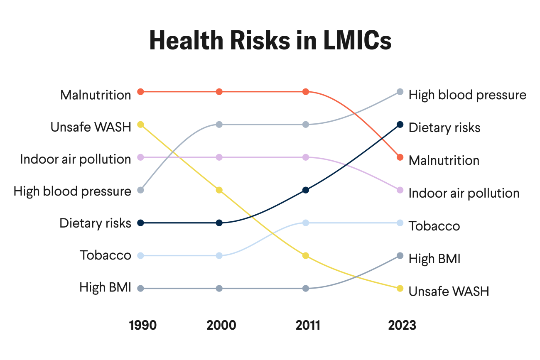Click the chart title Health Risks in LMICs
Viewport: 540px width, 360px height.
tap(270, 41)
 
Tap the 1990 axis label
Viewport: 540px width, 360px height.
tap(143, 325)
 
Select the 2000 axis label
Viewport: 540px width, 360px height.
tap(221, 325)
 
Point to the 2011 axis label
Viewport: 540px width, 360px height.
tap(308, 325)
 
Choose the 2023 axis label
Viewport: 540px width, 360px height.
tap(402, 325)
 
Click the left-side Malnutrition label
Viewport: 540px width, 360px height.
tap(96, 95)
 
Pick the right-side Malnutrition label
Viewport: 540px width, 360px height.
tap(444, 160)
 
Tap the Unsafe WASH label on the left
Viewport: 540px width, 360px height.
tap(91, 127)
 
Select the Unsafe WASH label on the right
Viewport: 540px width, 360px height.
tap(449, 291)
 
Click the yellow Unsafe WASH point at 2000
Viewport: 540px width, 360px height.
tap(219, 190)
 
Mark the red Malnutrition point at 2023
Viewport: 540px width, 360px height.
tap(400, 157)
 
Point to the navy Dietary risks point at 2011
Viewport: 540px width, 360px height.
tap(306, 190)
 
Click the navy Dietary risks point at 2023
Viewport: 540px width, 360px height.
tap(400, 125)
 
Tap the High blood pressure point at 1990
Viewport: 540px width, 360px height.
tap(140, 190)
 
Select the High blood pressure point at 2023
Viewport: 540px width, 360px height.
tap(400, 92)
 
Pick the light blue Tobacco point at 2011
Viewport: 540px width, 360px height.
tap(306, 223)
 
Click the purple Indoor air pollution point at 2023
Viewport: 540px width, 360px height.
tap(400, 190)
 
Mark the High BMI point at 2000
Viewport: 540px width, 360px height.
tap(219, 289)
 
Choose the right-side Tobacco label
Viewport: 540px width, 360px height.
tap(434, 226)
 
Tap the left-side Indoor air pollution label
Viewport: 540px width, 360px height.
tap(76, 159)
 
